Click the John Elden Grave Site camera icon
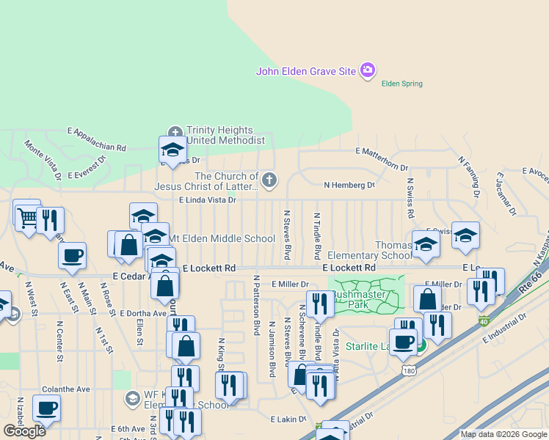[368, 71]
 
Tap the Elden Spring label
[402, 84]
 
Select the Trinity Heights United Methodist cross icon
[175, 131]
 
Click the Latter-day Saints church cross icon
[270, 180]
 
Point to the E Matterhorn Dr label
[382, 151]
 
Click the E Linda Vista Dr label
[208, 199]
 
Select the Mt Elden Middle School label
[222, 238]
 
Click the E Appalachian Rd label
[96, 138]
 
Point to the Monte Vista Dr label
[43, 161]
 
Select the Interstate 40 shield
[483, 320]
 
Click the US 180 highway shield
[410, 371]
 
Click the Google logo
[25, 431]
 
